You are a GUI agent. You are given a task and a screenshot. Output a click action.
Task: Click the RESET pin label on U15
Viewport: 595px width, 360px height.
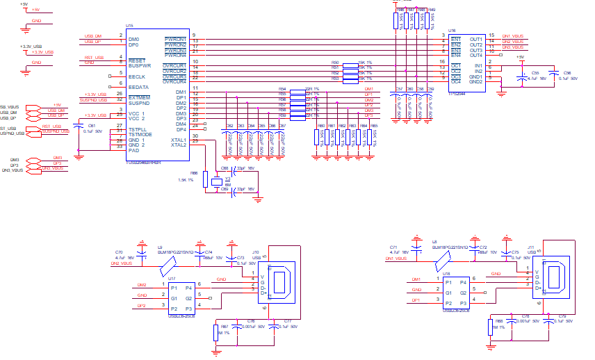136,61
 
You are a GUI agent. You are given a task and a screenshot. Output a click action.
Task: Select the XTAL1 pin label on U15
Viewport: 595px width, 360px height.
178,140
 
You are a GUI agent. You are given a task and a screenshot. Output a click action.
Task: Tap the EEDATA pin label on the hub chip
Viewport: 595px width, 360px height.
138,87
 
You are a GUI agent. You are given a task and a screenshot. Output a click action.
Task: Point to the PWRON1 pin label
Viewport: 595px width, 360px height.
175,39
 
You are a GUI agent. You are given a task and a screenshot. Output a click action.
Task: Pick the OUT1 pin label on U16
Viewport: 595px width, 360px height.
476,39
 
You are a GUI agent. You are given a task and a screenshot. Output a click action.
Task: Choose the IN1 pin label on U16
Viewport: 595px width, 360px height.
478,66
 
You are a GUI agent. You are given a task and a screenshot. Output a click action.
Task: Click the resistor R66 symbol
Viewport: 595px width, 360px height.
204,179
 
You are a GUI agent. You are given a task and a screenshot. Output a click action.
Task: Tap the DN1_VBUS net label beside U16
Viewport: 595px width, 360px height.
515,35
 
